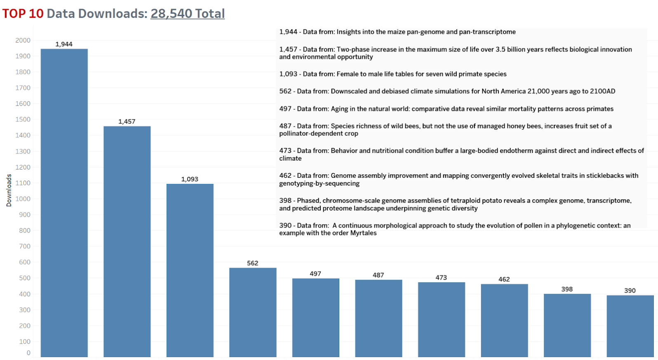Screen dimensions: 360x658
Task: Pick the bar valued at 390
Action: click(630, 326)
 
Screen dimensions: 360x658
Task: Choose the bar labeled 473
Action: click(442, 319)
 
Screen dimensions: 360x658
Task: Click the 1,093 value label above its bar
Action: click(190, 179)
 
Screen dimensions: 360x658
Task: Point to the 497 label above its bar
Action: click(315, 274)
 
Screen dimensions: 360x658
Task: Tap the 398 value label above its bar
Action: click(567, 289)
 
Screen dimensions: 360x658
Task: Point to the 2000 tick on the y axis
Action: click(23, 40)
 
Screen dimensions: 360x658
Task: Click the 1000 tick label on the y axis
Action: click(23, 199)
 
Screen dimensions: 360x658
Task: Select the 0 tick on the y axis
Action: click(28, 353)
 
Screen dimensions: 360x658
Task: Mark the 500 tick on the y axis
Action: click(24, 278)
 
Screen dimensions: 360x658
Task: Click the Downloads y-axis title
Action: click(9, 190)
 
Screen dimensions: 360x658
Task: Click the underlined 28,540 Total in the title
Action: click(188, 14)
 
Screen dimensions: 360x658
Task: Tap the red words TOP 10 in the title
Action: click(23, 14)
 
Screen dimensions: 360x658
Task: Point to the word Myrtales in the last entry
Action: click(363, 233)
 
